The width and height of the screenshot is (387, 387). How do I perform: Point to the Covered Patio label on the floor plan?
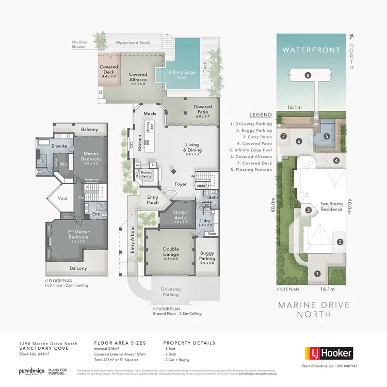[x=202, y=110]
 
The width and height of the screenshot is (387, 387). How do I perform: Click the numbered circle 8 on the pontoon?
[x=308, y=75]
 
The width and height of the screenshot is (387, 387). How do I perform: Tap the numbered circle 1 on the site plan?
[x=317, y=273]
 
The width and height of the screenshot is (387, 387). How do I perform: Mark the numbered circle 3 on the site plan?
[x=308, y=209]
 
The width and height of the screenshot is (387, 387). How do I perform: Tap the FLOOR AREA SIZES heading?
[x=120, y=343]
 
